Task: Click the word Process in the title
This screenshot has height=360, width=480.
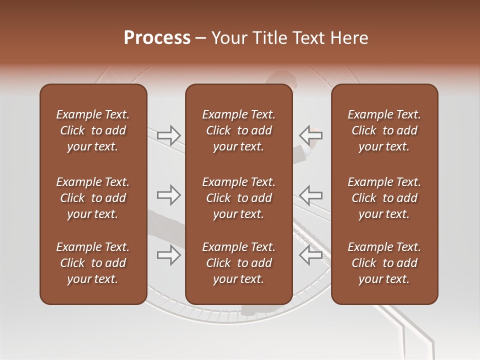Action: coord(157,38)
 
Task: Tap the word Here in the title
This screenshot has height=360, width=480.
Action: coord(349,38)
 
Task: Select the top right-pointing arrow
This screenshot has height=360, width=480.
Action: coord(169,135)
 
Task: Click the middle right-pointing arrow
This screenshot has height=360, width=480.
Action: coord(169,194)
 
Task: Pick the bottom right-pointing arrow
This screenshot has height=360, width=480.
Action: coord(169,255)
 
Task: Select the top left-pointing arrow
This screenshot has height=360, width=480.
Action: coord(310,135)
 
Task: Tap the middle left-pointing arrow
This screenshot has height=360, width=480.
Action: coord(310,194)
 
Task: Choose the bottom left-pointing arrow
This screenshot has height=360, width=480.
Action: coord(310,255)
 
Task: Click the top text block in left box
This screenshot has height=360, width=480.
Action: coord(93,130)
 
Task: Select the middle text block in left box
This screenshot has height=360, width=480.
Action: coord(93,198)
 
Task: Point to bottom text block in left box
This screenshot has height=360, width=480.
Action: coord(93,263)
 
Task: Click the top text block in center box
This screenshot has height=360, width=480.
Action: coord(238,130)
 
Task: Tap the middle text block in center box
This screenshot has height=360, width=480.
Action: coord(238,198)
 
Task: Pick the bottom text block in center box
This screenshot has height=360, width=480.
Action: coord(238,263)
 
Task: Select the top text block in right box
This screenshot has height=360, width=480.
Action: coord(384,130)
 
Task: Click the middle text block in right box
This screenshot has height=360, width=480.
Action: coord(384,198)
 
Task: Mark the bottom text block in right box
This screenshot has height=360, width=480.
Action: coord(384,263)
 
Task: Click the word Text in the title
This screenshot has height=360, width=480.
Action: coord(310,38)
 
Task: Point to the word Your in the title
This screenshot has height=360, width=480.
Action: coord(228,38)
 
